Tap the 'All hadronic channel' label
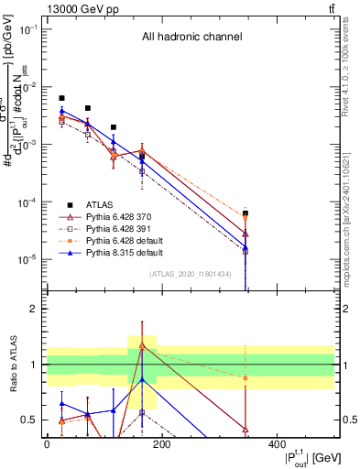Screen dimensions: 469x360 tap(191, 38)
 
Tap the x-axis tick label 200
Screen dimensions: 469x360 tap(161, 443)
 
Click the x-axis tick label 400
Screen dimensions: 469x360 tap(276, 443)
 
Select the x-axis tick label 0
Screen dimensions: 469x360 tap(47, 443)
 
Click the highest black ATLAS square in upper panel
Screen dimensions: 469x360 tap(61, 98)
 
